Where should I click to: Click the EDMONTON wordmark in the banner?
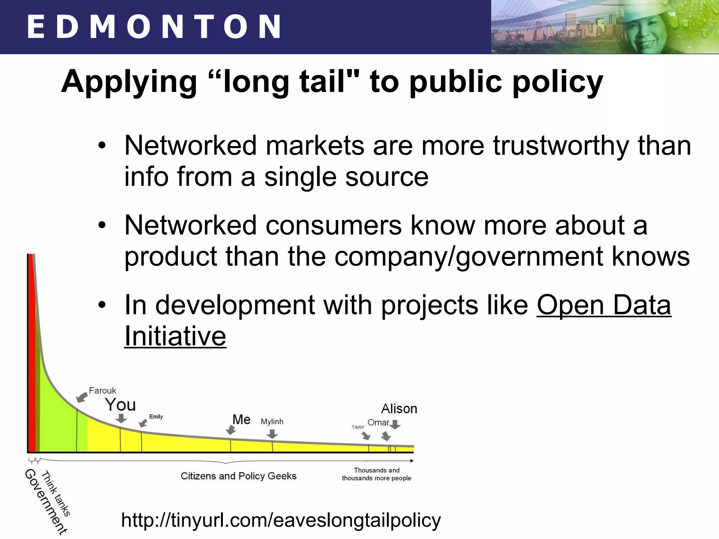(153, 27)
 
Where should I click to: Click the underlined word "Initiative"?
(175, 336)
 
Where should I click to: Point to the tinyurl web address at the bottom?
(281, 520)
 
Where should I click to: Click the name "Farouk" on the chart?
(102, 391)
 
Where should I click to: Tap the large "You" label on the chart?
(120, 405)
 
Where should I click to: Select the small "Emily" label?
(156, 417)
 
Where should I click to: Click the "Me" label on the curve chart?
(242, 420)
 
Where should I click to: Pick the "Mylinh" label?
(272, 421)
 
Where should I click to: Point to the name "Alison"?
(399, 409)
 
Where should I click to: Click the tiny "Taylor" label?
(358, 427)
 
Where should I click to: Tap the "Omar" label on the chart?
(378, 422)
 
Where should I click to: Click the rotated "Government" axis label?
(46, 501)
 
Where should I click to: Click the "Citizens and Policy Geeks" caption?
(238, 476)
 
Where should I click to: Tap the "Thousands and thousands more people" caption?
(376, 474)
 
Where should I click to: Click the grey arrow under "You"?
(121, 418)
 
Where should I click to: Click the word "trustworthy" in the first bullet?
(561, 145)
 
